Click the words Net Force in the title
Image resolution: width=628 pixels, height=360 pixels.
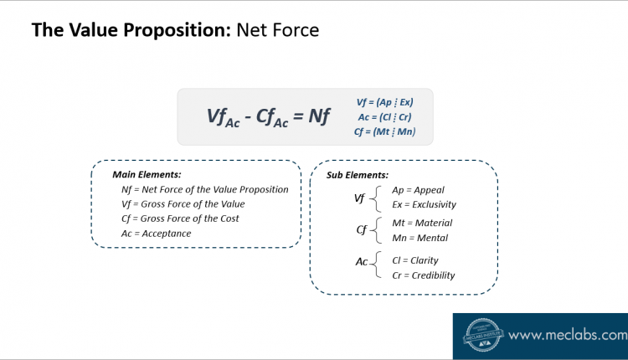tap(277, 30)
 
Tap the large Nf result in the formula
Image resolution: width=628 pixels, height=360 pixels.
tap(319, 116)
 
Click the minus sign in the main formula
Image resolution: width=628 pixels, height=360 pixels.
tap(248, 117)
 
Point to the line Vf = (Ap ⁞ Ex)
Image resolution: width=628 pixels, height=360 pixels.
tap(384, 102)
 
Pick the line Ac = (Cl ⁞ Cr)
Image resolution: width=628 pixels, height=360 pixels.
tap(384, 117)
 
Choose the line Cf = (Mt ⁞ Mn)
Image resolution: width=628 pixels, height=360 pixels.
tap(384, 131)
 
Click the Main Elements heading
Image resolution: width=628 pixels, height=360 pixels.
tap(147, 175)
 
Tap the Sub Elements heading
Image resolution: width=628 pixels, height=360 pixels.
tap(358, 175)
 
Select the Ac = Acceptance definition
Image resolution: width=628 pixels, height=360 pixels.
tap(157, 234)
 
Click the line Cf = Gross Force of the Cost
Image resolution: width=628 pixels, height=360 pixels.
tap(180, 219)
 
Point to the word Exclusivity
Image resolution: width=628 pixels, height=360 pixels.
tap(434, 204)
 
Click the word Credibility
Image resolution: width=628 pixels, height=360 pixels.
tap(434, 275)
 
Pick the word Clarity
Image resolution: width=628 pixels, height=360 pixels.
tap(425, 260)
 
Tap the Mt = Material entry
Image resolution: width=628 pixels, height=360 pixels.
tap(422, 223)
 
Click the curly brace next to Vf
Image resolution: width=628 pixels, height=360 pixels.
tap(375, 198)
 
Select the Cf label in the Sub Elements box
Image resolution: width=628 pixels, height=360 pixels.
tap(361, 230)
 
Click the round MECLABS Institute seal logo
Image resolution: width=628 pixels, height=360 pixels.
tap(482, 335)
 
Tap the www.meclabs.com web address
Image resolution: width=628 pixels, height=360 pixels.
tap(568, 335)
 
